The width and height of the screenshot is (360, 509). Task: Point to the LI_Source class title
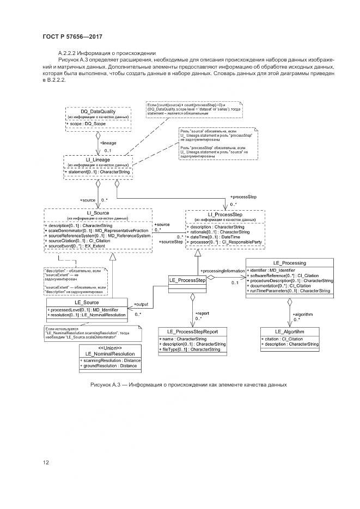pyautogui.click(x=98, y=213)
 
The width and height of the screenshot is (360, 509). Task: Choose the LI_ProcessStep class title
pyautogui.click(x=225, y=214)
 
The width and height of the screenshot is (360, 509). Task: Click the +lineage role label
pyautogui.click(x=108, y=143)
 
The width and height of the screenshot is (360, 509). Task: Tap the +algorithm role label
pyautogui.click(x=303, y=314)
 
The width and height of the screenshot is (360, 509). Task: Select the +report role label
pyautogui.click(x=203, y=314)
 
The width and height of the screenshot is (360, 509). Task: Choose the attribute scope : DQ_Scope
pyautogui.click(x=87, y=124)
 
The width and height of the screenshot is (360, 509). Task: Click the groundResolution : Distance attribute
pyautogui.click(x=110, y=366)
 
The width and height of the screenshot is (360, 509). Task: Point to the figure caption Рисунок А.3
pyautogui.click(x=188, y=385)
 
